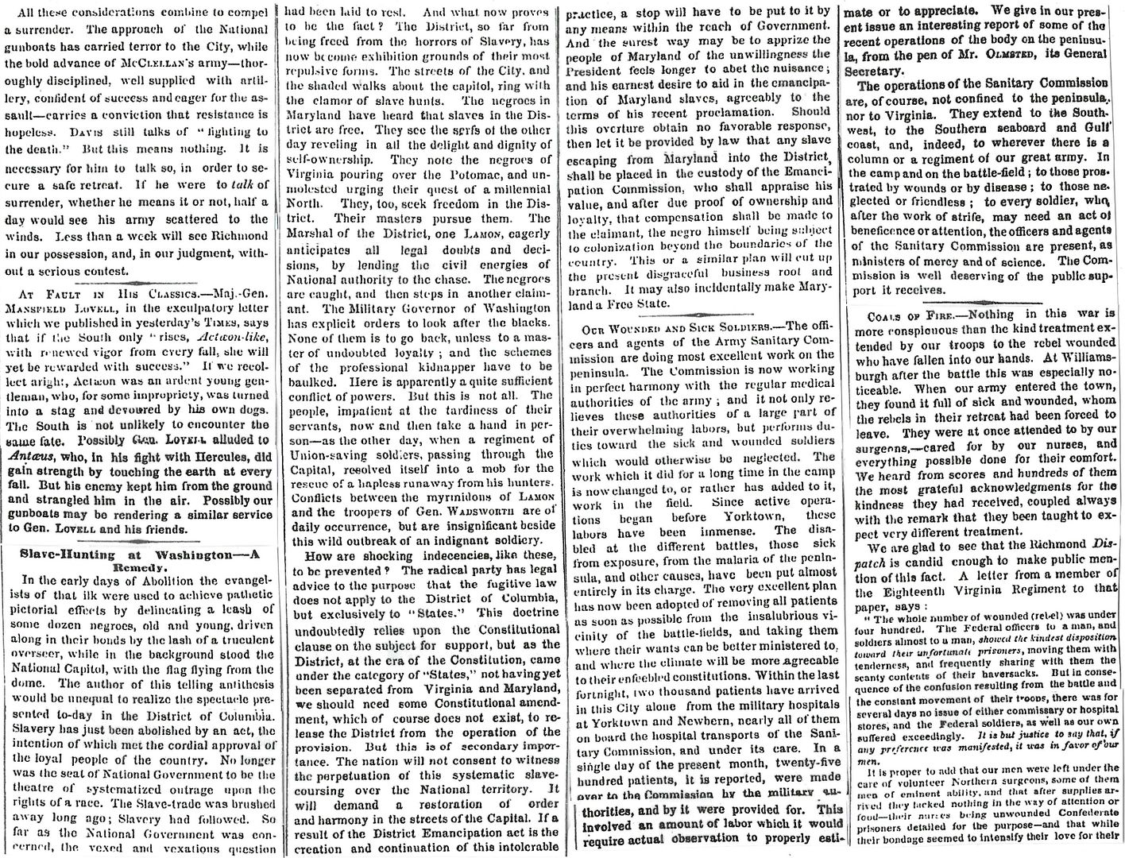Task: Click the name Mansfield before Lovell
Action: [47, 307]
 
